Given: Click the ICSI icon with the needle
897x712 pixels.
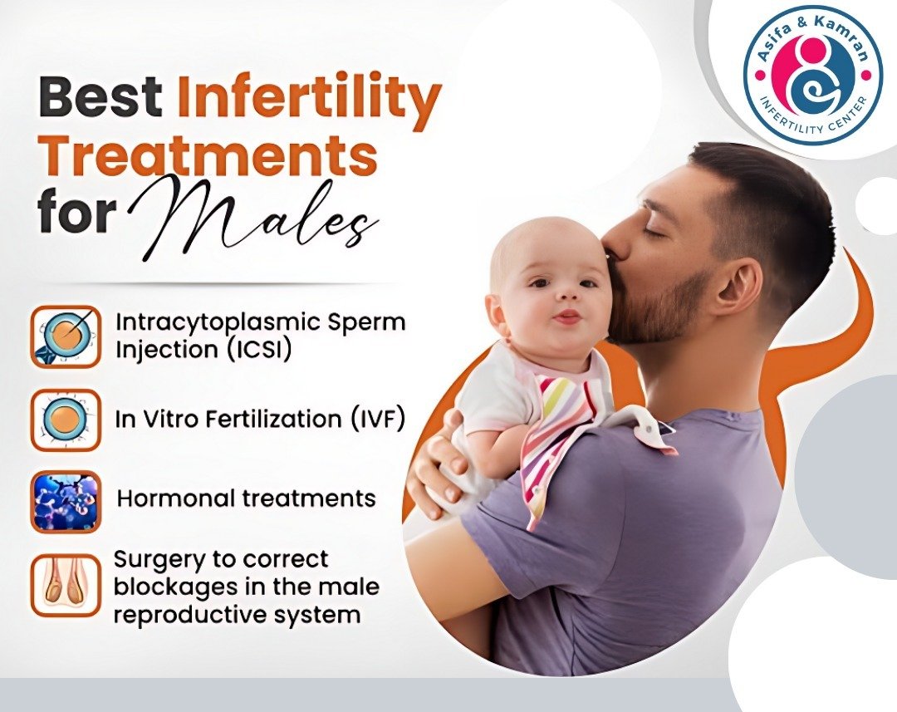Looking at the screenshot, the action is tap(66, 336).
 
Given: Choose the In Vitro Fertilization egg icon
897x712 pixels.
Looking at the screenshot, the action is tap(66, 420).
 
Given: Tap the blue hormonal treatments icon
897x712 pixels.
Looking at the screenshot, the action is tap(66, 501).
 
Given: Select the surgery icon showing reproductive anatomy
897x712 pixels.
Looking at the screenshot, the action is tap(66, 585).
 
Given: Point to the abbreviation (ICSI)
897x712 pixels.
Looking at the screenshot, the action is tap(257, 350).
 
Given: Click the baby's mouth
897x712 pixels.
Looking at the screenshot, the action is tap(567, 317).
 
